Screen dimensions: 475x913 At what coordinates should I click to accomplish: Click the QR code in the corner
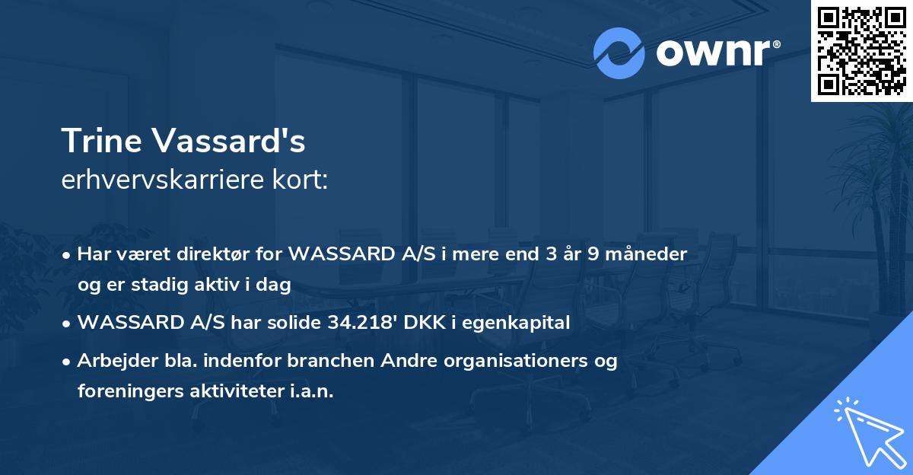point(861,50)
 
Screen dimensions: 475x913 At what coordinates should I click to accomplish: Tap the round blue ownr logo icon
point(619,53)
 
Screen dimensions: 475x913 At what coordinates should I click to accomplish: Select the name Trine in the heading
point(100,141)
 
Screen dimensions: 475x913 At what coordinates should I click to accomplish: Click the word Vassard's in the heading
point(227,141)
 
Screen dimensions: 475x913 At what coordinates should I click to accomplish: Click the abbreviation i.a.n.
point(311,391)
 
